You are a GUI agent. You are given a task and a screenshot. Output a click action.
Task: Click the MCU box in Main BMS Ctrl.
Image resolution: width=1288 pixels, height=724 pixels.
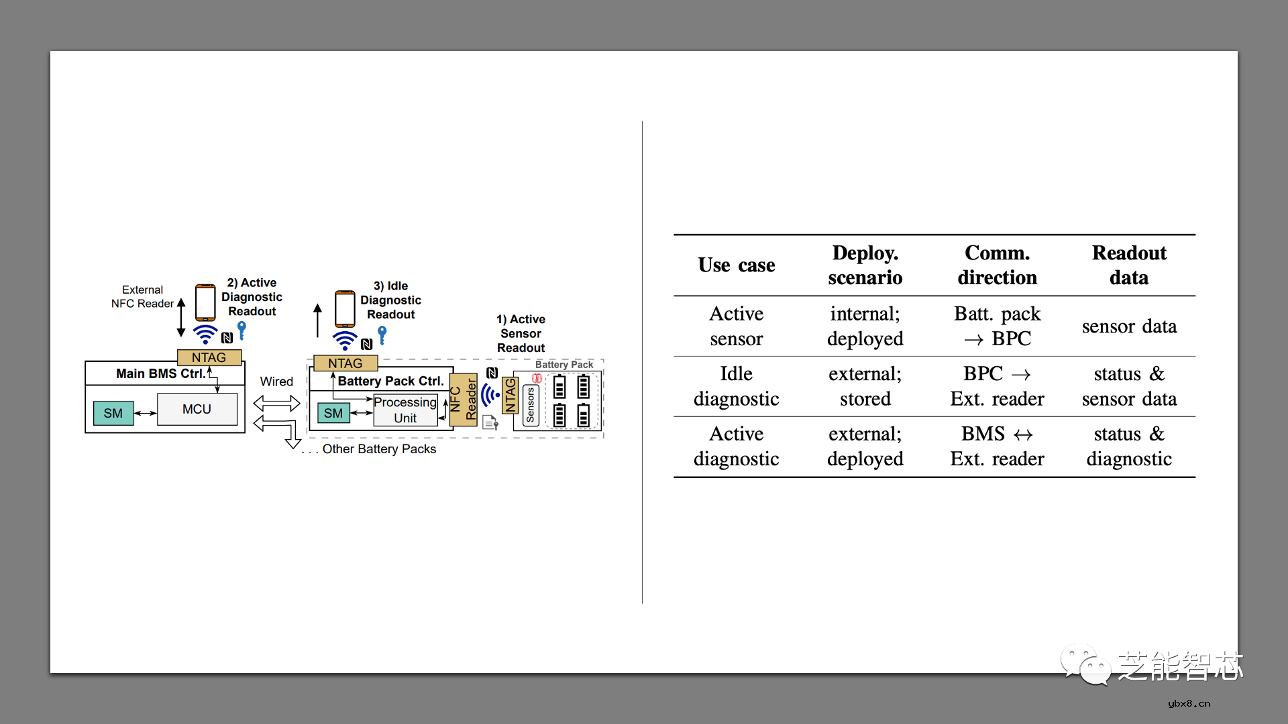197,409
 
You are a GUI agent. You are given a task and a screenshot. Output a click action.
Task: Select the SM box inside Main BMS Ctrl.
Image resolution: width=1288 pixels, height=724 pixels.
113,413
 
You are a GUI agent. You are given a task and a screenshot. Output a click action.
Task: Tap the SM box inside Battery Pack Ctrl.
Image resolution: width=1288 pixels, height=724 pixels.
333,413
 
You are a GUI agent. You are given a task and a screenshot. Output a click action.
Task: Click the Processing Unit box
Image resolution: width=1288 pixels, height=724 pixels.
405,410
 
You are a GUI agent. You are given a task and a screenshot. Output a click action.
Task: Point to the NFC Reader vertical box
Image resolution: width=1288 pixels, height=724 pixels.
463,400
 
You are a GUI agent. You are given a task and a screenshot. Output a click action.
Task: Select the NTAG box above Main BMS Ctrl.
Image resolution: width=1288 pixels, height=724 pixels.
209,357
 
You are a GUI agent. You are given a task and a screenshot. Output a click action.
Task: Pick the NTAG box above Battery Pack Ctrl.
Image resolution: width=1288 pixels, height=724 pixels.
345,363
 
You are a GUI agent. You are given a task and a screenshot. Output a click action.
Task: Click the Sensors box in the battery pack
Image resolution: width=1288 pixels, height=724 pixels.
531,405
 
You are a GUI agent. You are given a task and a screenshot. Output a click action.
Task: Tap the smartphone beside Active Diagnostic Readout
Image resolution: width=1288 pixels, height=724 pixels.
205,302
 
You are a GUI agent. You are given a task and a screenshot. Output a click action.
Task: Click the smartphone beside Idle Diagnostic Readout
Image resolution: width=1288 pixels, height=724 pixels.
345,308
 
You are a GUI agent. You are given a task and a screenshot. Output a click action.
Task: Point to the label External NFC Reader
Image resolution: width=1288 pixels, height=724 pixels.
142,296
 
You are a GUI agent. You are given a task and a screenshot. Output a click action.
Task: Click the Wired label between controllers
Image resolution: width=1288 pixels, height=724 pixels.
276,381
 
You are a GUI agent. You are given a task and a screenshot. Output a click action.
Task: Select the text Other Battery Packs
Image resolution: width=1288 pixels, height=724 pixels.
379,449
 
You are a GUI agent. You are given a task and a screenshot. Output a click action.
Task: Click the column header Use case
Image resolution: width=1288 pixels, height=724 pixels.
736,265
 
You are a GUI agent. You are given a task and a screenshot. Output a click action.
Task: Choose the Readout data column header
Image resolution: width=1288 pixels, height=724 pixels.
1128,265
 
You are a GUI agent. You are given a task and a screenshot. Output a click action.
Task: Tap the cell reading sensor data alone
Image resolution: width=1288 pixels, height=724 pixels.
1128,326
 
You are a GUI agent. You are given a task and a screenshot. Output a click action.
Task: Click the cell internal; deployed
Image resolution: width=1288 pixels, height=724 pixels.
865,326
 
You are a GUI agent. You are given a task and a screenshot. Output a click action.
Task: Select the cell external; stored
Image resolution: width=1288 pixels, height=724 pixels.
865,386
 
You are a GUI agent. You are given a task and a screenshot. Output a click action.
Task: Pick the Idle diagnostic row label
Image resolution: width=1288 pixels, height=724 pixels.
736,386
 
